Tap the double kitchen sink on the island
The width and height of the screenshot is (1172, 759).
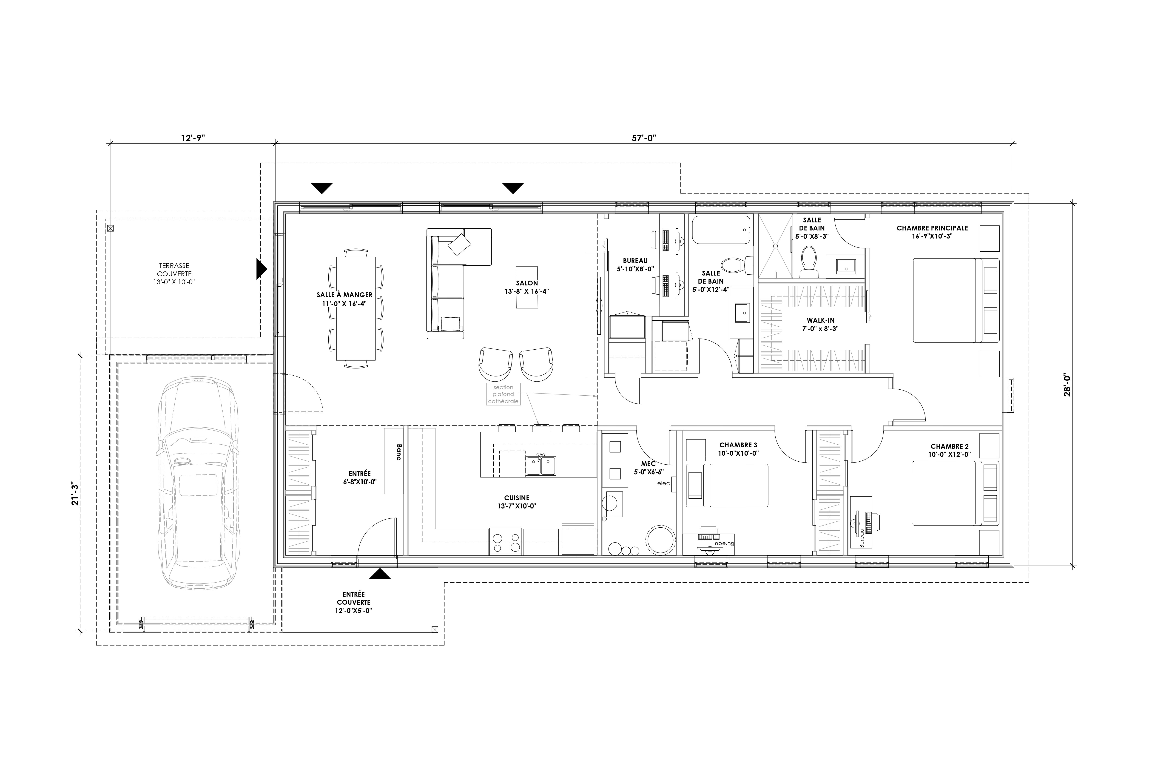(541, 465)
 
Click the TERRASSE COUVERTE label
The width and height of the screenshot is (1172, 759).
(174, 274)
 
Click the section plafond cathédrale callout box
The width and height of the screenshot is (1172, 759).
(503, 394)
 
